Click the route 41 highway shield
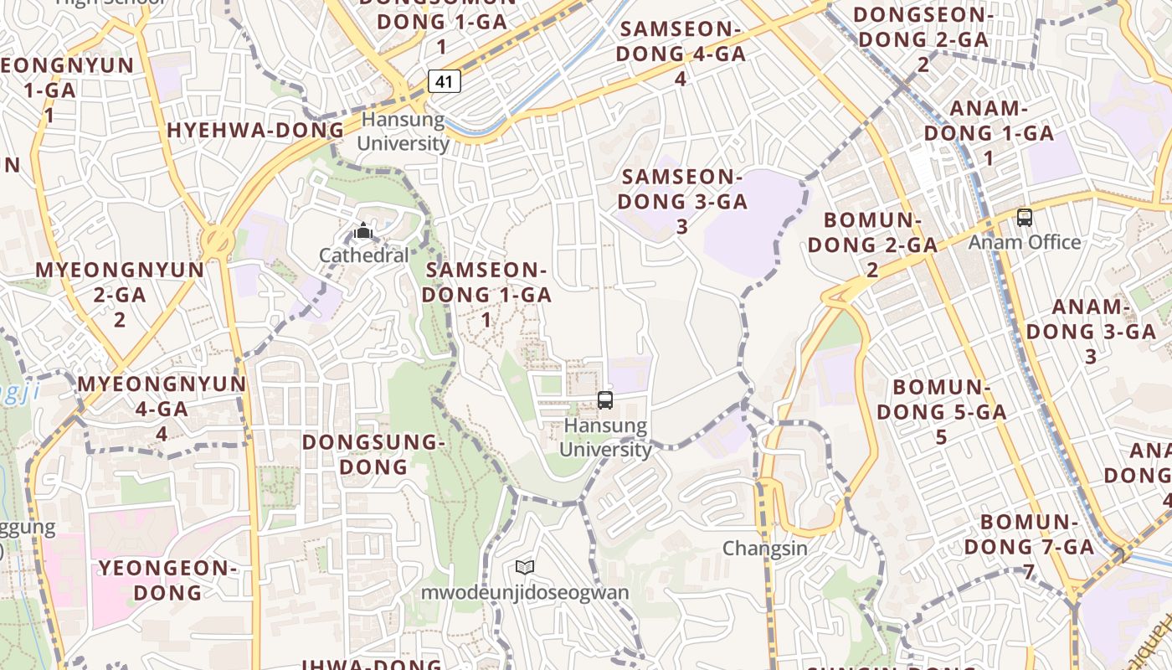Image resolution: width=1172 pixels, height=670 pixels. (445, 81)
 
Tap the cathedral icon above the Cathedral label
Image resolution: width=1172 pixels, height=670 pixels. (363, 230)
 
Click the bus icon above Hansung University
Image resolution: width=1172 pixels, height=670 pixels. (605, 400)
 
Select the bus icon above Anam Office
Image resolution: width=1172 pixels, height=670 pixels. (1024, 218)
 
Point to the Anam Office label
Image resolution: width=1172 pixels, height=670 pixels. (1025, 242)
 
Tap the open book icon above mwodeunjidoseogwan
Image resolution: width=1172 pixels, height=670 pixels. (525, 568)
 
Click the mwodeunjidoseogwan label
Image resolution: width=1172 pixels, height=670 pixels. (525, 593)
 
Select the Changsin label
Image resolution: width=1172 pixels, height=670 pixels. (765, 549)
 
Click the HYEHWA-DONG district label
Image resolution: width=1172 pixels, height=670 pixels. (255, 130)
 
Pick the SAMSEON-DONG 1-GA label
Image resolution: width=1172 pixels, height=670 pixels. (486, 294)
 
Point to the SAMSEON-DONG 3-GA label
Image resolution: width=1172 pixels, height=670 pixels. (682, 201)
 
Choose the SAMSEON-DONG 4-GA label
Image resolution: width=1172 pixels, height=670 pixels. (681, 53)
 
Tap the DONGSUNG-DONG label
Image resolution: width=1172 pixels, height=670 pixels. (373, 454)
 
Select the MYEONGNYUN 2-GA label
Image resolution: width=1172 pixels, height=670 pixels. (120, 294)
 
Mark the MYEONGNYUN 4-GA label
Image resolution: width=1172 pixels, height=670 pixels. (162, 408)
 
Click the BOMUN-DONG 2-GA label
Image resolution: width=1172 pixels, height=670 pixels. (872, 245)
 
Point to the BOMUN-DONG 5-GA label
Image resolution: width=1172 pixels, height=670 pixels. (941, 412)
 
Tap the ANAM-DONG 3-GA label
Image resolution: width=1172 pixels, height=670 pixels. (1091, 331)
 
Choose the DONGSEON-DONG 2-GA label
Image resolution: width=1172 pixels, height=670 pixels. (923, 39)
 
